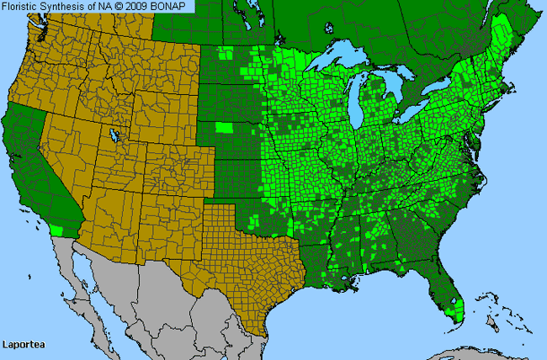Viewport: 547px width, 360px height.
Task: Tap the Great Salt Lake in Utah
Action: (x=113, y=135)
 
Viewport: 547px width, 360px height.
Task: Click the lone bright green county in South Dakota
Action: (x=224, y=128)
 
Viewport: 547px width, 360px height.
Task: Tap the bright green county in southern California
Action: (x=56, y=230)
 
